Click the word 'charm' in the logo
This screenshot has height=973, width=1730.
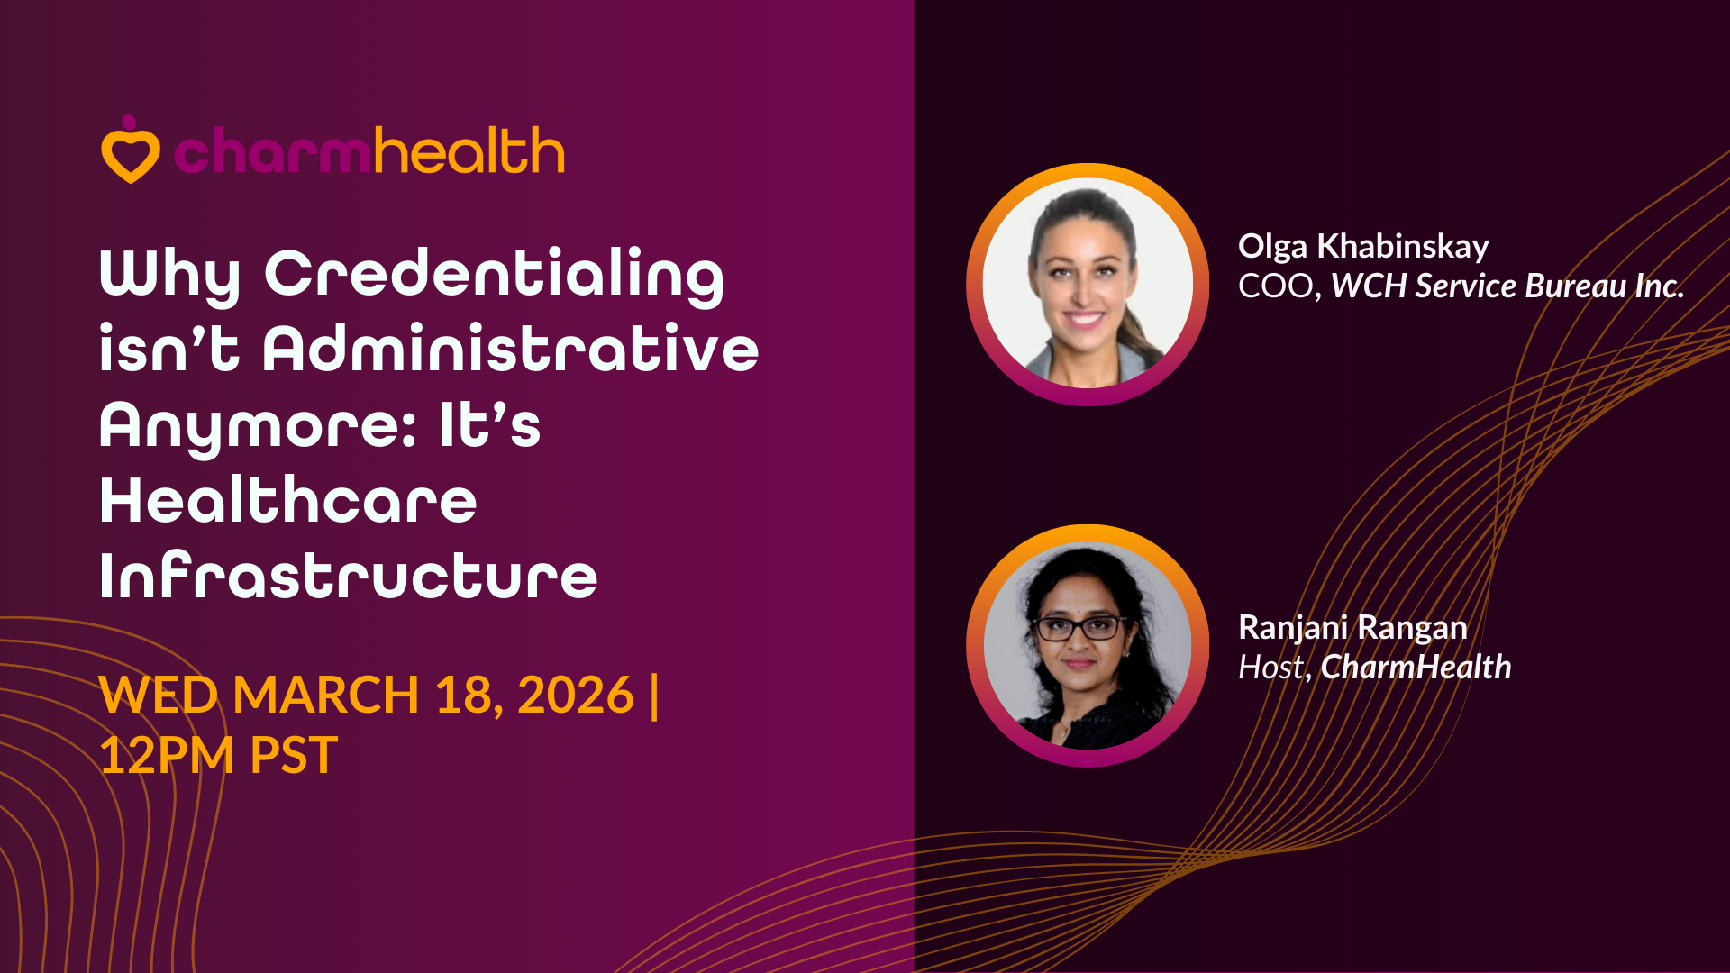(x=271, y=150)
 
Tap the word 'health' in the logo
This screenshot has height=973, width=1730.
(x=469, y=150)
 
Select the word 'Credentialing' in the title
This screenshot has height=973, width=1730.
(x=494, y=275)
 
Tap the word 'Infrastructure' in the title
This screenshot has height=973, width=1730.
(x=349, y=576)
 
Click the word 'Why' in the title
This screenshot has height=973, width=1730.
(x=170, y=275)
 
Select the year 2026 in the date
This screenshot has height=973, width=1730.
(x=576, y=695)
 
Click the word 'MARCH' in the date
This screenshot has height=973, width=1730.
(x=325, y=695)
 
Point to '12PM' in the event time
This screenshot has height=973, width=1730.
(x=167, y=755)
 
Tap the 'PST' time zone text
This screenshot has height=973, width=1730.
(x=294, y=755)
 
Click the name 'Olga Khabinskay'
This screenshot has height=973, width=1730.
(x=1363, y=247)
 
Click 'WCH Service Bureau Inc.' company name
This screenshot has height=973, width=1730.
(x=1507, y=286)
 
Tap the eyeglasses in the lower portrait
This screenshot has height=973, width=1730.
(x=1079, y=627)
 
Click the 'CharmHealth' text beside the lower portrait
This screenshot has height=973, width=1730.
(x=1416, y=668)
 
